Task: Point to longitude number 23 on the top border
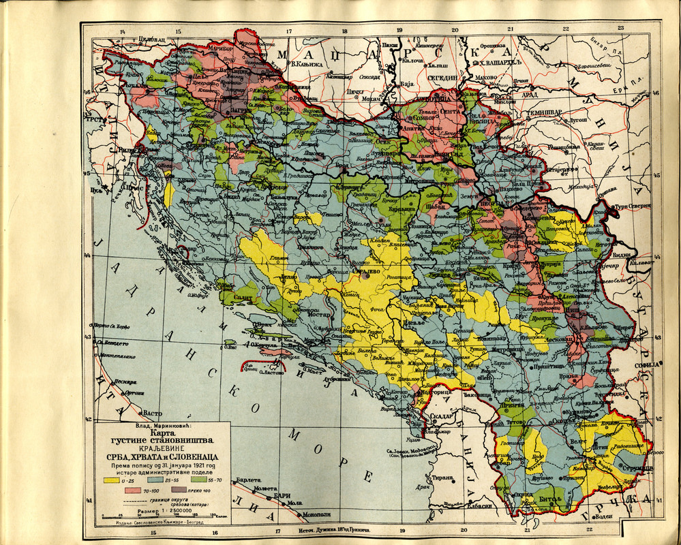[x=620, y=28]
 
